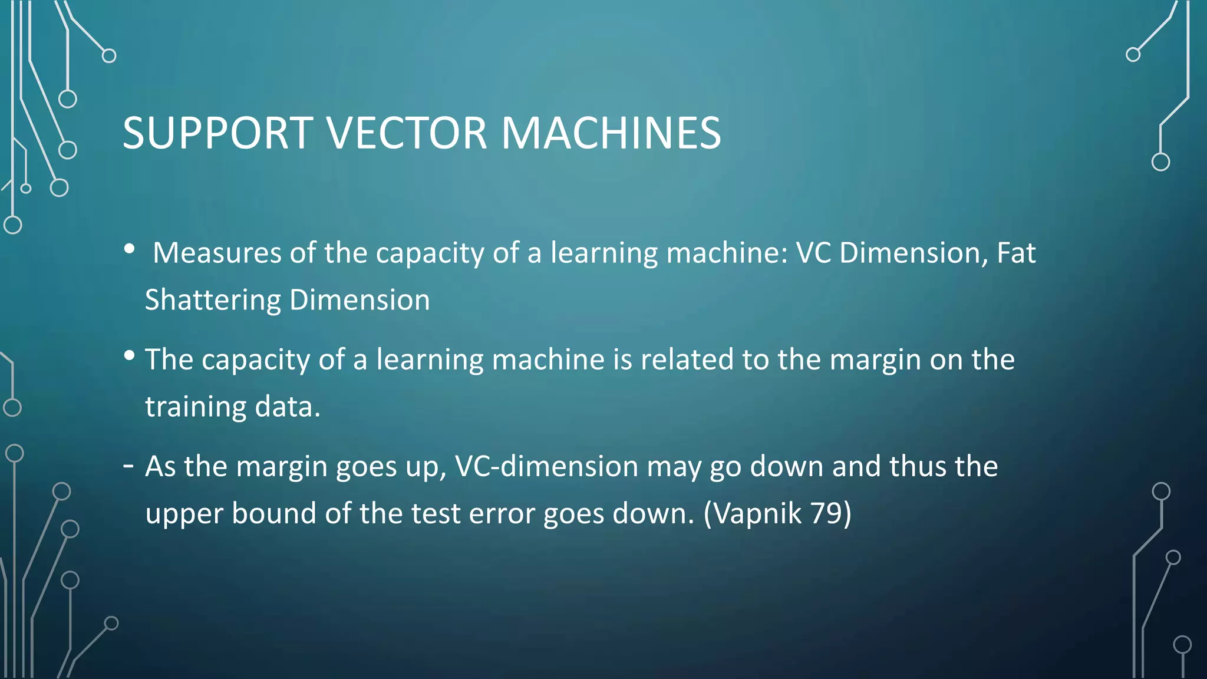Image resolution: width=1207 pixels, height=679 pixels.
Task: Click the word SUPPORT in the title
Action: [217, 133]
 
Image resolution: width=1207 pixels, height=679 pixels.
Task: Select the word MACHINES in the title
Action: [611, 133]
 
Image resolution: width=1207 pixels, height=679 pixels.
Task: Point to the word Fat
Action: [1015, 253]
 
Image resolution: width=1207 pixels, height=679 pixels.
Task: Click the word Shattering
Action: [213, 301]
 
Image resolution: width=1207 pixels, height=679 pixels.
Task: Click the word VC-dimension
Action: [547, 466]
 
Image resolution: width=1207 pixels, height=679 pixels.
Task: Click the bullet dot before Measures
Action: [130, 249]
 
